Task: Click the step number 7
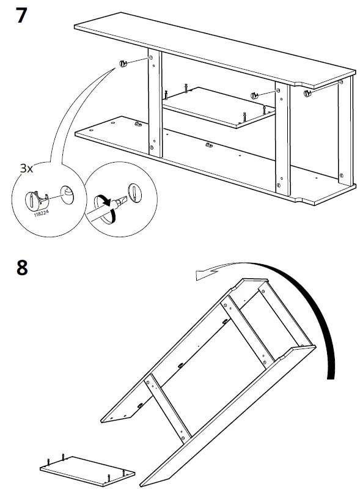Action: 21,15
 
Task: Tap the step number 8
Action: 21,267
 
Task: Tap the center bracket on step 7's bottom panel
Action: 210,146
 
